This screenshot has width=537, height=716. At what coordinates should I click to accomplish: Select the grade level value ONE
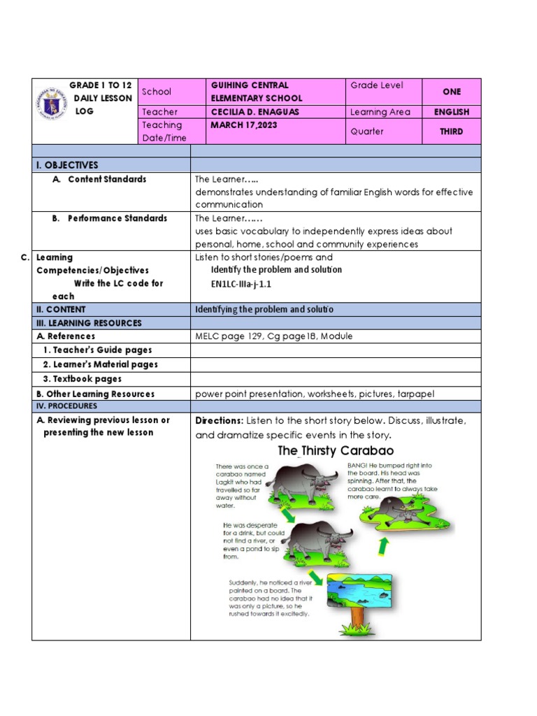coord(451,92)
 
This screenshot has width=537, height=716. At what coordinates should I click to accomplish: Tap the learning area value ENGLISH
coord(451,112)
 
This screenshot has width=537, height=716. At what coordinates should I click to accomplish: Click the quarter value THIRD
coord(451,131)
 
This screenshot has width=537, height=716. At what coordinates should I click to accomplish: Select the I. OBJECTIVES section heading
coord(68,165)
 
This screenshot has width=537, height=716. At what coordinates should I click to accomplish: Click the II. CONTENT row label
coord(61,309)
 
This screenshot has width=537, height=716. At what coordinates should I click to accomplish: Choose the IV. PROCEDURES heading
coord(67,406)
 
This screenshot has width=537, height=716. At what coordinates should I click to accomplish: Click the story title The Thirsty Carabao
coord(336,451)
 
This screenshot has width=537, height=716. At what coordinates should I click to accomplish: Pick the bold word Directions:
coord(219,421)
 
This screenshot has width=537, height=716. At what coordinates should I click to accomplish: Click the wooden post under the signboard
coord(358,619)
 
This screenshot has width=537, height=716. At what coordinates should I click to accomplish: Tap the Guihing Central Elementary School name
coord(257,92)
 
